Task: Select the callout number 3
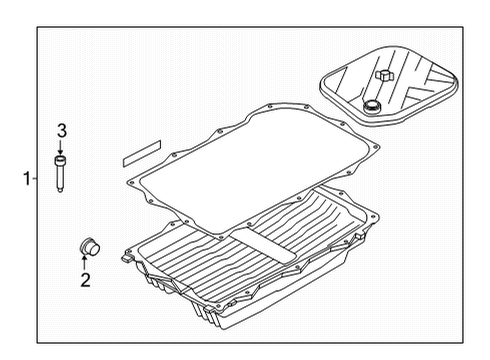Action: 61,130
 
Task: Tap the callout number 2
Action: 85,281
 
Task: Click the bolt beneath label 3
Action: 62,173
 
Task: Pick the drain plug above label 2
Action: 87,246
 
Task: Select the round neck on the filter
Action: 373,107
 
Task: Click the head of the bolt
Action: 62,160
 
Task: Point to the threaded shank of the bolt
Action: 62,180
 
